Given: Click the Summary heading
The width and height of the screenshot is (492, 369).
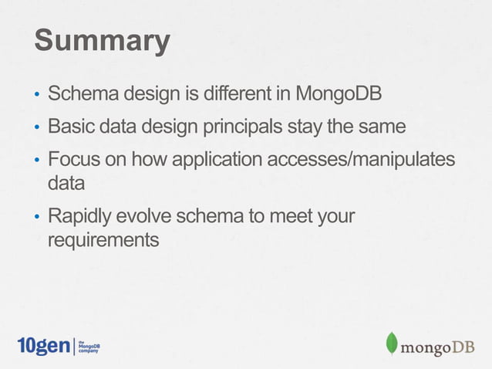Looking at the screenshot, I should point(101,42).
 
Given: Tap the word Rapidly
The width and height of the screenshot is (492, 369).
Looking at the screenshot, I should point(81,216).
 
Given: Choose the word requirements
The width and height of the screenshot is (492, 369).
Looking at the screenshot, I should point(103,240).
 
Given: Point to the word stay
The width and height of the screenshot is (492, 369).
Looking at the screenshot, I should point(308,125).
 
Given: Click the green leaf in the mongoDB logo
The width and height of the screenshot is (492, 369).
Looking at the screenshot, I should point(392,344).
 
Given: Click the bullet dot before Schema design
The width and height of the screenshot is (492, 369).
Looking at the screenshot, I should point(35,98).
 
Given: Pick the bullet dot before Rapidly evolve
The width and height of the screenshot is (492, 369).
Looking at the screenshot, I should point(35,218).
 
